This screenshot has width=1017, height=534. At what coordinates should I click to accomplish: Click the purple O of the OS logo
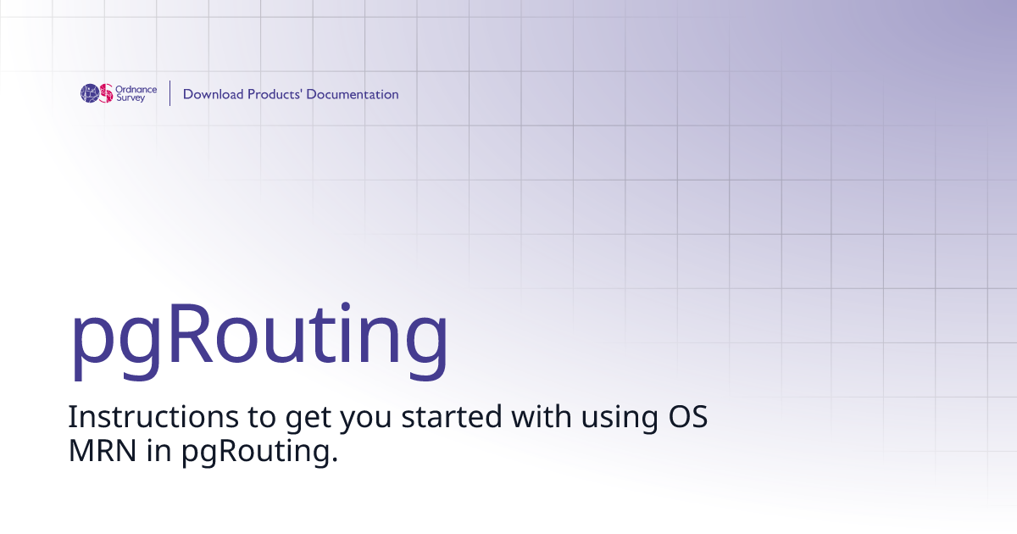(x=90, y=93)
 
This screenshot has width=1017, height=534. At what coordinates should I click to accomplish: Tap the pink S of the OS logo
(x=106, y=93)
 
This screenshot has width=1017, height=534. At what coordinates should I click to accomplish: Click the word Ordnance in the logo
(x=136, y=89)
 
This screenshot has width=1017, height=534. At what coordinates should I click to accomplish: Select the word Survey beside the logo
(x=131, y=98)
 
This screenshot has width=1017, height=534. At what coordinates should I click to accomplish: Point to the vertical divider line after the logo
(x=170, y=93)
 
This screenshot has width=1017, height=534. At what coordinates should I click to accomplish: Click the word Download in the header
(x=213, y=94)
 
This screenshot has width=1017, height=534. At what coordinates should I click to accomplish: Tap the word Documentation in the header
(x=353, y=94)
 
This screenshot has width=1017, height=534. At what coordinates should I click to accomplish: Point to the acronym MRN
(x=102, y=452)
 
